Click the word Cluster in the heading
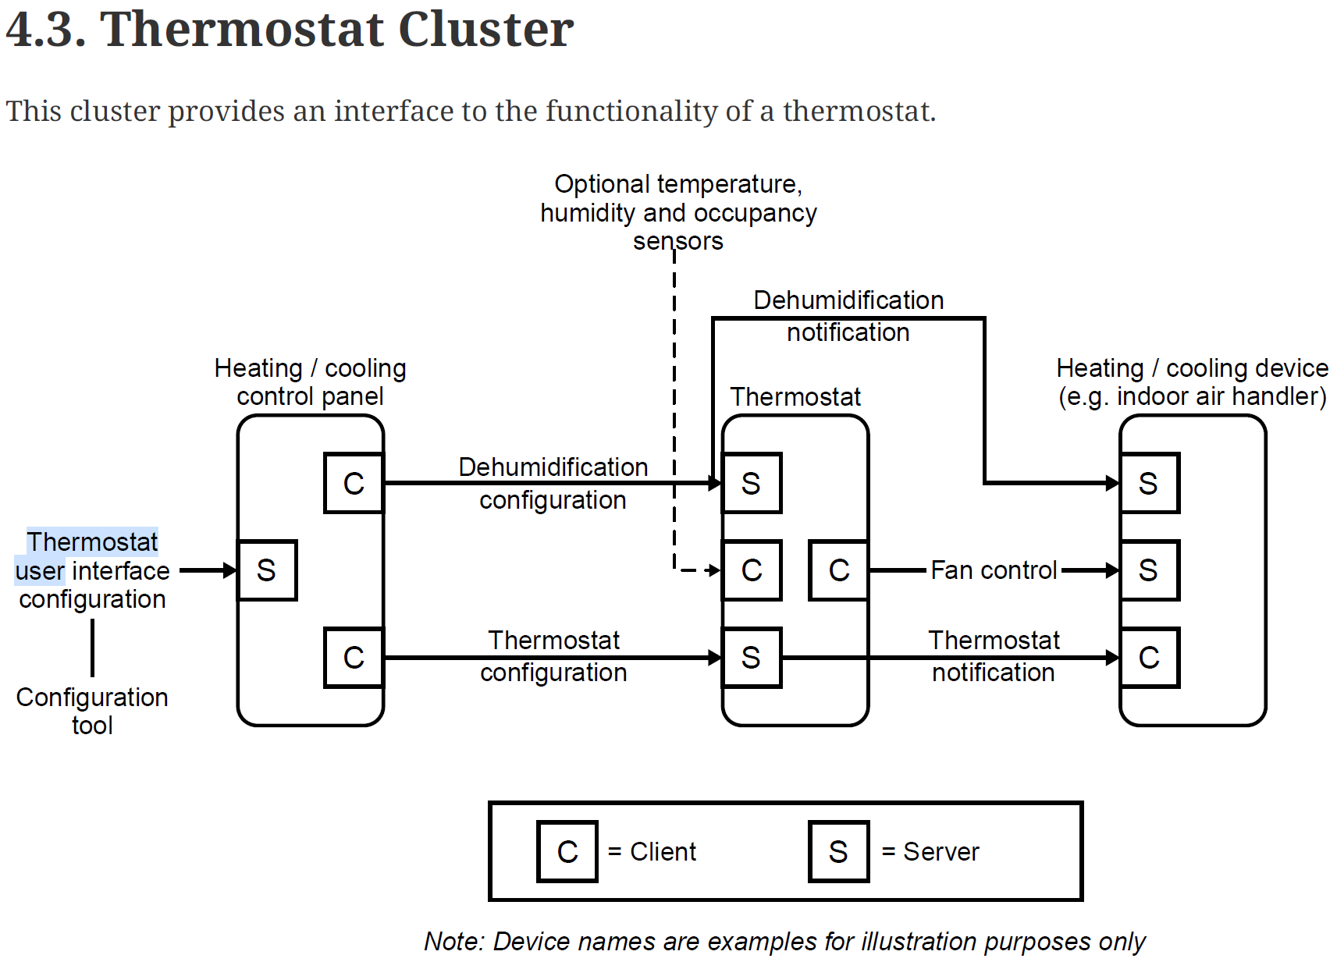485,30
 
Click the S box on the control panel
267,570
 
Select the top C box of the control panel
354,483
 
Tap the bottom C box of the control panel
354,658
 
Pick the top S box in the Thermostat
751,483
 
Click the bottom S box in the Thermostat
751,658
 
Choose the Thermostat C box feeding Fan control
838,570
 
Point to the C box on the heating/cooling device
1149,658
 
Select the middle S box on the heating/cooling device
1149,570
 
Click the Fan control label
994,570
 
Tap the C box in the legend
567,851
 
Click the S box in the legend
838,851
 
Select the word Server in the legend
941,851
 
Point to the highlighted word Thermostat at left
92,541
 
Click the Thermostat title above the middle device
795,396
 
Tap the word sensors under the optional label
677,241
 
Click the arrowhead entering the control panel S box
229,570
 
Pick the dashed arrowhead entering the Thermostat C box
713,570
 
